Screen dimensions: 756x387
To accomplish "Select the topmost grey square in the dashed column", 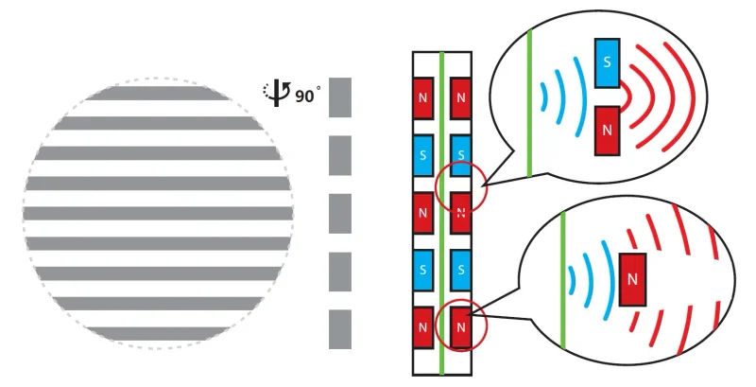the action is [340, 97].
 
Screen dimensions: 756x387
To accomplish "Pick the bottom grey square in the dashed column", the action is [340, 329].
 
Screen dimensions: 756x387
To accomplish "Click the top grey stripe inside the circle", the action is [158, 93].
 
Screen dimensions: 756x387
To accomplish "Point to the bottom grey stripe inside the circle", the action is [158, 333].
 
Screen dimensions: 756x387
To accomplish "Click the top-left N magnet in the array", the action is [422, 98].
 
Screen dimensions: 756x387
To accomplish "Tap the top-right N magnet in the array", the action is [460, 98].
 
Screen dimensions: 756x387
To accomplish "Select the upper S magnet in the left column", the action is [422, 155].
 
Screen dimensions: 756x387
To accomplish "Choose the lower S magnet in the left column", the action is [422, 270].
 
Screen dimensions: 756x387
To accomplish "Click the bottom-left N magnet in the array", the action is [422, 327].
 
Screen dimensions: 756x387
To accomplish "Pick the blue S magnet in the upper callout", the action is [607, 62].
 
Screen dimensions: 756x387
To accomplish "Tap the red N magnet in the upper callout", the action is [607, 131].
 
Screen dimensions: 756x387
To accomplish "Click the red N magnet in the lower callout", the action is [632, 279].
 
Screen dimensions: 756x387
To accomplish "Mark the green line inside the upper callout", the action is [529, 103].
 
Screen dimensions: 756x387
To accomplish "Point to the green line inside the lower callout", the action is [562, 280].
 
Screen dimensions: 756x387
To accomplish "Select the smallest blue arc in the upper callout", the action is [545, 97].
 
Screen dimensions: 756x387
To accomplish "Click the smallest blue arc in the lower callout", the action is [574, 280].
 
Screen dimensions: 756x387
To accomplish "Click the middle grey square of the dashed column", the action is [340, 213].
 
